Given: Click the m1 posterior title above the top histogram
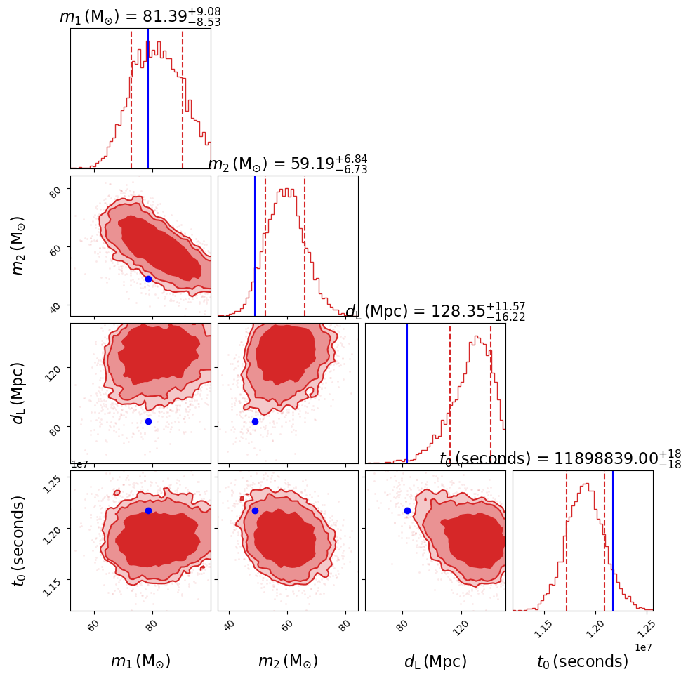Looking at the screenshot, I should pyautogui.click(x=140, y=16).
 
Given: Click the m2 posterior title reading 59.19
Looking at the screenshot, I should pyautogui.click(x=288, y=164).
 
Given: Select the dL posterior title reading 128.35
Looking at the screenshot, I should pyautogui.click(x=435, y=312).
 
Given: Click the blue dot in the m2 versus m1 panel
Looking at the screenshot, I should pyautogui.click(x=148, y=279).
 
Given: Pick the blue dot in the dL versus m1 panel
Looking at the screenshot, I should pyautogui.click(x=148, y=421).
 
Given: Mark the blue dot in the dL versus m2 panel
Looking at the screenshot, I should pyautogui.click(x=255, y=421).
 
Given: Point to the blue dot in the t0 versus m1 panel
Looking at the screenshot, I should pyautogui.click(x=148, y=510).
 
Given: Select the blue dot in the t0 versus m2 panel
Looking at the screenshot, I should pyautogui.click(x=255, y=510).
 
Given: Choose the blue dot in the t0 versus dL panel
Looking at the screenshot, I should pyautogui.click(x=407, y=510).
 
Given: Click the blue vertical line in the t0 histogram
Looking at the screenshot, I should pyautogui.click(x=613, y=541).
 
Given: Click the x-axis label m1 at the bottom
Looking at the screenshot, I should pyautogui.click(x=140, y=661).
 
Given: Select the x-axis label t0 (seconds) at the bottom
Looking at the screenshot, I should pyautogui.click(x=583, y=661).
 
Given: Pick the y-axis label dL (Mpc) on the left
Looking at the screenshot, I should pyautogui.click(x=19, y=393).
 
